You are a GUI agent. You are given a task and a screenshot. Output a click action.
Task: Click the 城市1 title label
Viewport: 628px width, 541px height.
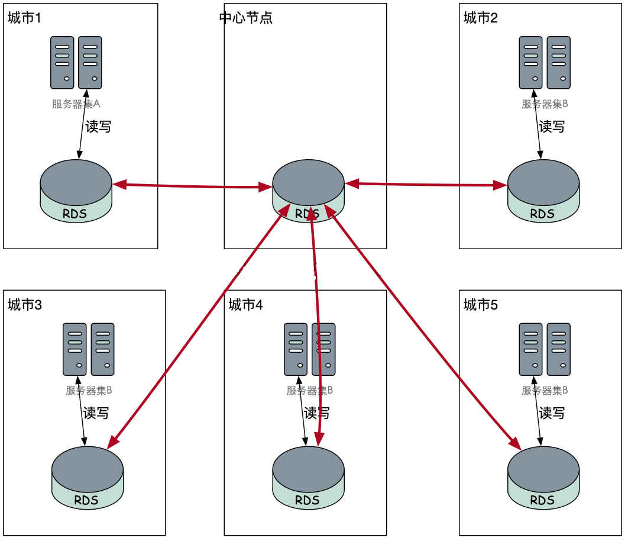[x=24, y=18]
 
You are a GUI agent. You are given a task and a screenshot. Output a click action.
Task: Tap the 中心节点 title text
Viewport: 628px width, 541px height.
[x=245, y=18]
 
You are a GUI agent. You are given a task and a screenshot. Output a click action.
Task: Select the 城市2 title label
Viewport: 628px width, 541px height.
[x=480, y=18]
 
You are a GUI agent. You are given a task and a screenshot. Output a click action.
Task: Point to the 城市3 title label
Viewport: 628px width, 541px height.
[x=24, y=305]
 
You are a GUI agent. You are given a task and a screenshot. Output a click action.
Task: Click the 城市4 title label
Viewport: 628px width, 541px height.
[x=245, y=305]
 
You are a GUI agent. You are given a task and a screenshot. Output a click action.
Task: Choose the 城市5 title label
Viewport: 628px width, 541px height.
[x=480, y=305]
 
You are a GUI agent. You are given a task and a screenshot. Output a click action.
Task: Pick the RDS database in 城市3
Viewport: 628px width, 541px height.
[x=87, y=477]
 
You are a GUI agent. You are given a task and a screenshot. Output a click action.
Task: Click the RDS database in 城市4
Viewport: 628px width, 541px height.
[x=308, y=477]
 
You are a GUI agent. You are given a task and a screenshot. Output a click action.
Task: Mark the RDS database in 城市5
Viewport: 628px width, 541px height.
[x=543, y=477]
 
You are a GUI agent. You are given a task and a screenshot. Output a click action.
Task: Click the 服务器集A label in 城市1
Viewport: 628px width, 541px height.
[x=76, y=104]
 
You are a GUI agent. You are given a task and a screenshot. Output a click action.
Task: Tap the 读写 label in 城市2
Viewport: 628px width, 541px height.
[x=552, y=127]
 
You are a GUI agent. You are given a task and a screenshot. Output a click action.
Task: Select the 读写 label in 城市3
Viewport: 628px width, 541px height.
[x=96, y=413]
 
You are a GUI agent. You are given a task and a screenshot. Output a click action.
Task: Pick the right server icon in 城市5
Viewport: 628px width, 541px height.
[x=559, y=349]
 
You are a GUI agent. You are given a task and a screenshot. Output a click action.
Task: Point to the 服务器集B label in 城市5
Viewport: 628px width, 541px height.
[x=545, y=391]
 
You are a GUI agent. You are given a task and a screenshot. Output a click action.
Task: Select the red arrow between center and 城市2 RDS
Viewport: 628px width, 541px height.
[x=426, y=185]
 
